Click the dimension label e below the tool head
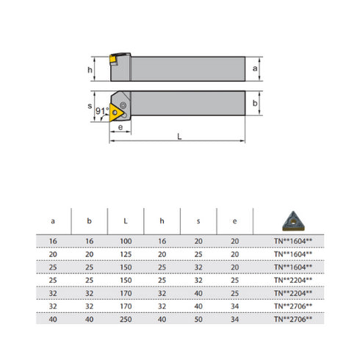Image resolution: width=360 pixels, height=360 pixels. [x=120, y=127]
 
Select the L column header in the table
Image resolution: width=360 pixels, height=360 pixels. [x=126, y=219]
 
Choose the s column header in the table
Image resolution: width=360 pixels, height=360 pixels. [x=198, y=219]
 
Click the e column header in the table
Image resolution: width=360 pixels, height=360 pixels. [x=234, y=219]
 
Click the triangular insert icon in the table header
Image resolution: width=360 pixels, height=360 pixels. [x=292, y=219]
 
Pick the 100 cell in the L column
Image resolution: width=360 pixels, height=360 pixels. [x=126, y=240]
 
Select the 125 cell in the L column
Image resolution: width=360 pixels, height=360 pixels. [x=126, y=253]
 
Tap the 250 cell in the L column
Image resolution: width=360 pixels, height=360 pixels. [x=126, y=319]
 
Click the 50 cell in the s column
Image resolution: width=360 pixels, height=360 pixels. [x=198, y=319]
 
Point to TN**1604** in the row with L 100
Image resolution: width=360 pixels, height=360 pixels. [x=292, y=240]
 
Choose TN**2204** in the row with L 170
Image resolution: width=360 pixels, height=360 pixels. [x=292, y=292]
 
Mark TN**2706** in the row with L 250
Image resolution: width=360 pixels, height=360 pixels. [x=292, y=319]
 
